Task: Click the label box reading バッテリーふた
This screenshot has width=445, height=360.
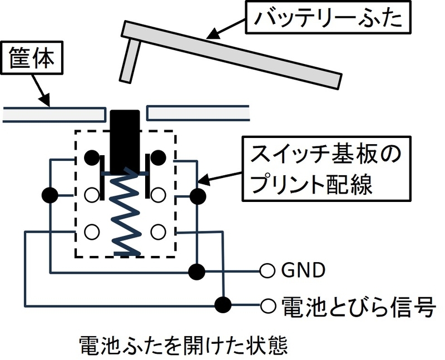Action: point(328,17)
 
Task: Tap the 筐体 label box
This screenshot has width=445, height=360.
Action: point(32,58)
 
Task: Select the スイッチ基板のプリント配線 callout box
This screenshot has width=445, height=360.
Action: point(327,169)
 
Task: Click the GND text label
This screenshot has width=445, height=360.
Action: point(303,270)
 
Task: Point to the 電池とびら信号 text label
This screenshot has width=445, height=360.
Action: point(358,306)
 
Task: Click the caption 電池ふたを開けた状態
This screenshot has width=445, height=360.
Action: point(183,345)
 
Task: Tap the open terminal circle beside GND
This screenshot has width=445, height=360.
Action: point(267,270)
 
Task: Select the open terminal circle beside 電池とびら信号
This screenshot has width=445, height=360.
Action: point(268,305)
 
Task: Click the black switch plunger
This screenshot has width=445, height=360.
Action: point(125,142)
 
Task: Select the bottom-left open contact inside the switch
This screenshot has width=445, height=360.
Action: point(92,231)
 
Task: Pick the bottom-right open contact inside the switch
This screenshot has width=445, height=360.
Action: point(158,231)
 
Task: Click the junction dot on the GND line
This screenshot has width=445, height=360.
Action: point(197,272)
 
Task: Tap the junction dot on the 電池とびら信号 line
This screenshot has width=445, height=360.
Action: point(223,305)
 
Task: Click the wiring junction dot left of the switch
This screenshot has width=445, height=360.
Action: point(50,195)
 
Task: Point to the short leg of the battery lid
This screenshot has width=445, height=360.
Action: point(130,61)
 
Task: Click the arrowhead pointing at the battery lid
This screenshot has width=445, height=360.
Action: point(213,33)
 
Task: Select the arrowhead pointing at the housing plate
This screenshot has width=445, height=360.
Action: point(45,100)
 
